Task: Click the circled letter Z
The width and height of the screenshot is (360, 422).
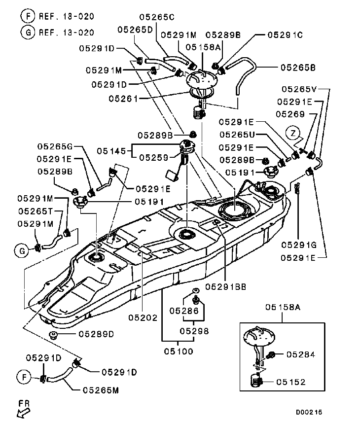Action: (x=293, y=133)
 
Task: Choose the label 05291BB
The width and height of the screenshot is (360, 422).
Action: (x=225, y=285)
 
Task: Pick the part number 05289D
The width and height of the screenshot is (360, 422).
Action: (x=96, y=334)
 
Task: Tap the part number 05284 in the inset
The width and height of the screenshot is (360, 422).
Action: (x=300, y=354)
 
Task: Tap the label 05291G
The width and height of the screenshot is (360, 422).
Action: (x=298, y=244)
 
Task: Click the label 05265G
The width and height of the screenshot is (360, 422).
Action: (x=55, y=146)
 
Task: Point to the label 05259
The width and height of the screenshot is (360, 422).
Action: (x=153, y=157)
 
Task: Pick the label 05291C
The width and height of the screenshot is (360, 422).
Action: (x=285, y=35)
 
